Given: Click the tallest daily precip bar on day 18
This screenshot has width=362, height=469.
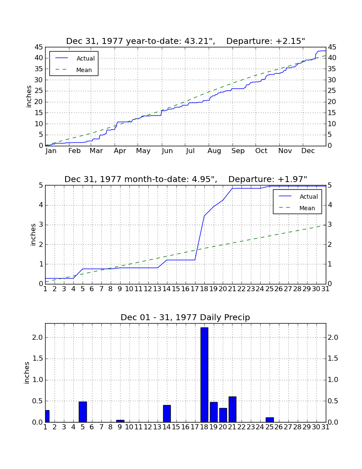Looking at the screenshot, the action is tap(204, 375).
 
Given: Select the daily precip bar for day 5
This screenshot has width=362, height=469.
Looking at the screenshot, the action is tap(83, 412).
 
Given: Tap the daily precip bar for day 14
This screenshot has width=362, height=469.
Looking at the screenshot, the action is tap(167, 414).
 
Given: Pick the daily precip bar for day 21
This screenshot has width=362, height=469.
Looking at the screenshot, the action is tap(233, 409).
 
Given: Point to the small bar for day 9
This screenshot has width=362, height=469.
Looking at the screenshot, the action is tap(121, 421).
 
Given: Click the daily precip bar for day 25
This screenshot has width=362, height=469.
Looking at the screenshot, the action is tap(270, 420).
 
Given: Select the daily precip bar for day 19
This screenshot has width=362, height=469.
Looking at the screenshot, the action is tap(213, 412).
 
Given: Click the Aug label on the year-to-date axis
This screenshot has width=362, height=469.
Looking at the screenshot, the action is tap(214, 151).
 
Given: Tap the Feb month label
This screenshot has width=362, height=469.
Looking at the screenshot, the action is tap(75, 151).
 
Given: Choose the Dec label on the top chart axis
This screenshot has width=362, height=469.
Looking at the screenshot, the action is tap(308, 151).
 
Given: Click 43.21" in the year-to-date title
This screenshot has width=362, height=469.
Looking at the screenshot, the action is tap(199, 41).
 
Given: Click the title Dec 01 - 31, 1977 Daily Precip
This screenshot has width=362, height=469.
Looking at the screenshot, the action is tap(185, 317).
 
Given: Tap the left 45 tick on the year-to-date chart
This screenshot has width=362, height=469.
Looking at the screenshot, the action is tap(39, 47).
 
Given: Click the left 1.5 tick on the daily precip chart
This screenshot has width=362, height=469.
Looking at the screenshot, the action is tap(37, 359).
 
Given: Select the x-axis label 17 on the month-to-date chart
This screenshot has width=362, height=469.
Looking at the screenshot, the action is tap(195, 289).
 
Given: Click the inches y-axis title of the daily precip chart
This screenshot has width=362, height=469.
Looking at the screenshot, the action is tap(26, 373).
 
